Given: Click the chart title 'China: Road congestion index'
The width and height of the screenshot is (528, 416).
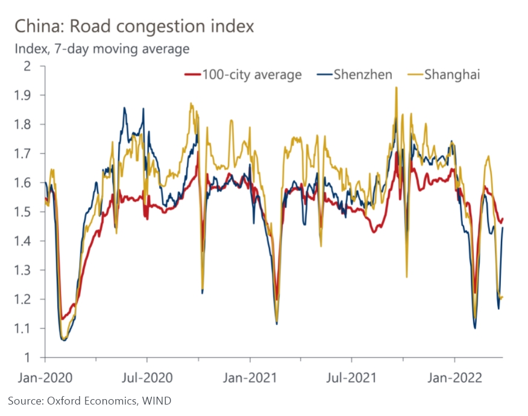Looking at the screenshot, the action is [134, 26].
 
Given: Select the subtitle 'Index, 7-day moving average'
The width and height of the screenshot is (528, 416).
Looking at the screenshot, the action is [102, 49].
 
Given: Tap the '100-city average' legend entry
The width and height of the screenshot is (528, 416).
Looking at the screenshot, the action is [243, 74].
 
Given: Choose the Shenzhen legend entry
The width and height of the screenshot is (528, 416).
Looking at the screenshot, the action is [354, 74].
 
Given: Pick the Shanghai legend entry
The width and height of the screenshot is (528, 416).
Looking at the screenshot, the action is [444, 74].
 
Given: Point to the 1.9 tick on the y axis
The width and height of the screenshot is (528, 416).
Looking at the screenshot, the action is [22, 95].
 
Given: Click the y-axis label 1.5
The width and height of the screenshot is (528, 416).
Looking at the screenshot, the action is [22, 212].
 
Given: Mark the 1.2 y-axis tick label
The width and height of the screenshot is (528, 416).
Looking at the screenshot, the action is [22, 299].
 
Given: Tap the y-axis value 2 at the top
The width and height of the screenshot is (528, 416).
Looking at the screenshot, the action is [27, 66].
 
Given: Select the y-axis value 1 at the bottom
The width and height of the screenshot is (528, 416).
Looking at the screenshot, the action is [27, 358].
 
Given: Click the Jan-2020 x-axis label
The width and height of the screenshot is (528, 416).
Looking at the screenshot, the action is [45, 377].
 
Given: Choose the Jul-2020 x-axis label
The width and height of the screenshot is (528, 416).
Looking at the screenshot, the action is [147, 377].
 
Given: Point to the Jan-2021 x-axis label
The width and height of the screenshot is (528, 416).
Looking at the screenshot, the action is [250, 377].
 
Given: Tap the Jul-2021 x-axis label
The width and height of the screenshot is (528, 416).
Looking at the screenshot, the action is [351, 377].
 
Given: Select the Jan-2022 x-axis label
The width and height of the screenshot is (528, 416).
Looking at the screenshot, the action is [454, 377].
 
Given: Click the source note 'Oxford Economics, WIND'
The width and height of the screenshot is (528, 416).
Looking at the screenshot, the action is [109, 401].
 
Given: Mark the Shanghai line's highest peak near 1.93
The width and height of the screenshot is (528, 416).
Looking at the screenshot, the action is [397, 87].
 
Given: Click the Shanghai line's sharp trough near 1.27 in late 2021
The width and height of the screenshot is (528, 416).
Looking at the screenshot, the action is [407, 277].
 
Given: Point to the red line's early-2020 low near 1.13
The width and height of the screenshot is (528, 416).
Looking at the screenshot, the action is [62, 319].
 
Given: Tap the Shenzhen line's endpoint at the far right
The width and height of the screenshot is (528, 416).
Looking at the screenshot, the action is [503, 227].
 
